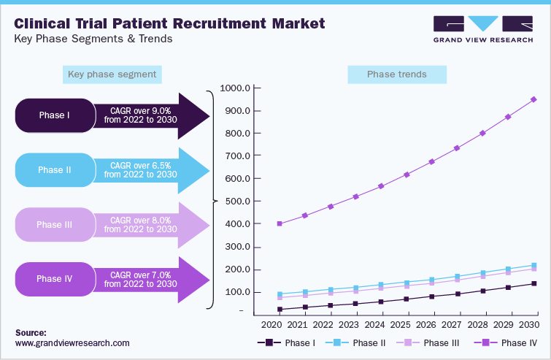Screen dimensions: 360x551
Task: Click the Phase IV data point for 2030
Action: (x=533, y=99)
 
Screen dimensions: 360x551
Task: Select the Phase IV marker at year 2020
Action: (x=280, y=223)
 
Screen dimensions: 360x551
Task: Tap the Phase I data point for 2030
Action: (x=533, y=283)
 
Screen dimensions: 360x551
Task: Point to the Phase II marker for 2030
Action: (x=533, y=265)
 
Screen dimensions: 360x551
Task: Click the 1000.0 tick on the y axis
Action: (x=236, y=88)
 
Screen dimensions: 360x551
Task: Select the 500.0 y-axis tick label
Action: (x=237, y=202)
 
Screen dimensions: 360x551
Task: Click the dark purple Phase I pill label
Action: (x=55, y=115)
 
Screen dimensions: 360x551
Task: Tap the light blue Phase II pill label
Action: (x=55, y=170)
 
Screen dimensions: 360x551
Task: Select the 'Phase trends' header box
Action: (x=397, y=74)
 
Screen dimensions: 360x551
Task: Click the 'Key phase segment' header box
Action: (x=112, y=74)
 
